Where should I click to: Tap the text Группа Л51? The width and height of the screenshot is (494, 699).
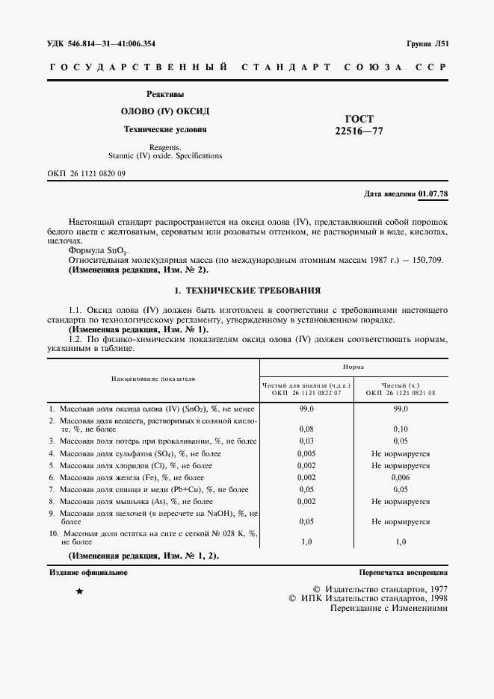coord(427,44)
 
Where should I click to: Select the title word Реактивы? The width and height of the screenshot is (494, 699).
coord(165,94)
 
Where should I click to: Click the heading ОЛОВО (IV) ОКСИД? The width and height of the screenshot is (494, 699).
coord(165,111)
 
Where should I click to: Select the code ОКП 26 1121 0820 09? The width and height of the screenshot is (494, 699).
coord(86,173)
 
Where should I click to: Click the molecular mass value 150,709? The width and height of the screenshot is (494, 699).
coord(427,259)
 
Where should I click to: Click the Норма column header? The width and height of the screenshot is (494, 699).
coord(353,367)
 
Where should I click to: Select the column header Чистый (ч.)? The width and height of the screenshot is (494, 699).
coord(400,384)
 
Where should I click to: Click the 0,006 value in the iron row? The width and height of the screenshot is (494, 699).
coord(401,476)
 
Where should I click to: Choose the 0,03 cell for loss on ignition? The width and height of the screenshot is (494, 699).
coord(306,441)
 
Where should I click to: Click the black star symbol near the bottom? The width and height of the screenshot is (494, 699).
coord(80,591)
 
